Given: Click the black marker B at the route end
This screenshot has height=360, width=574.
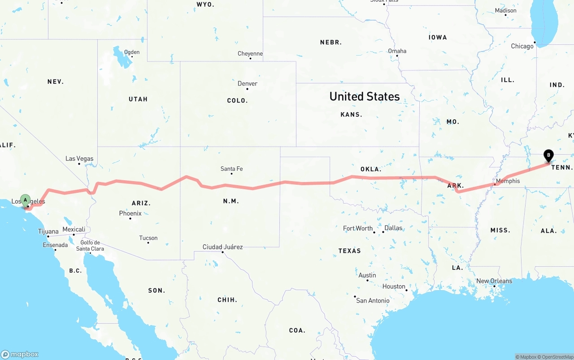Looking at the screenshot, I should [x=548, y=155].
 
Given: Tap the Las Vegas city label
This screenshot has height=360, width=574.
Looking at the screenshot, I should [x=79, y=159].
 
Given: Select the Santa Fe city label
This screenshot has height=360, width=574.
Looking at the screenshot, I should [x=231, y=169].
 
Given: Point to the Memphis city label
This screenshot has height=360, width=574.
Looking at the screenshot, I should [x=508, y=181].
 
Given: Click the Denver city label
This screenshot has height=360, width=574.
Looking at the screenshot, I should [x=248, y=84].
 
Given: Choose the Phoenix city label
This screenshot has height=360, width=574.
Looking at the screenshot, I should [x=130, y=213].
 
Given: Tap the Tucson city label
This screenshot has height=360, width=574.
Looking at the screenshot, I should [x=148, y=238].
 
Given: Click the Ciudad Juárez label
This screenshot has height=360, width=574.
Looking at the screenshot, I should [x=223, y=247].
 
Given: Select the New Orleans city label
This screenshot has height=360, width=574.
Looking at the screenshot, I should [x=494, y=281].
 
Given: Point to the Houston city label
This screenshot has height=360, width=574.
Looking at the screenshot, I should [x=394, y=286].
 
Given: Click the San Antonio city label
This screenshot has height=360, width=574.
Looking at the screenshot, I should [x=373, y=300].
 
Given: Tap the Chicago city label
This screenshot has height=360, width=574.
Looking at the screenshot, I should [x=522, y=46].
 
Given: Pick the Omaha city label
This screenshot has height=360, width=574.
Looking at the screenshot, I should [x=397, y=51].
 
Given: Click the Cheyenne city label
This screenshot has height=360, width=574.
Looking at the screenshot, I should [x=250, y=54].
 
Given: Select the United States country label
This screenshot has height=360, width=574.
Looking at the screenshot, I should [x=365, y=96].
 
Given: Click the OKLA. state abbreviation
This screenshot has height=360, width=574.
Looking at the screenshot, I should [x=371, y=169].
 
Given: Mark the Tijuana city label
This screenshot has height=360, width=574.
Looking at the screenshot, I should [x=48, y=232].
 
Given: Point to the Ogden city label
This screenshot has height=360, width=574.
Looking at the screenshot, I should [x=131, y=52].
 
